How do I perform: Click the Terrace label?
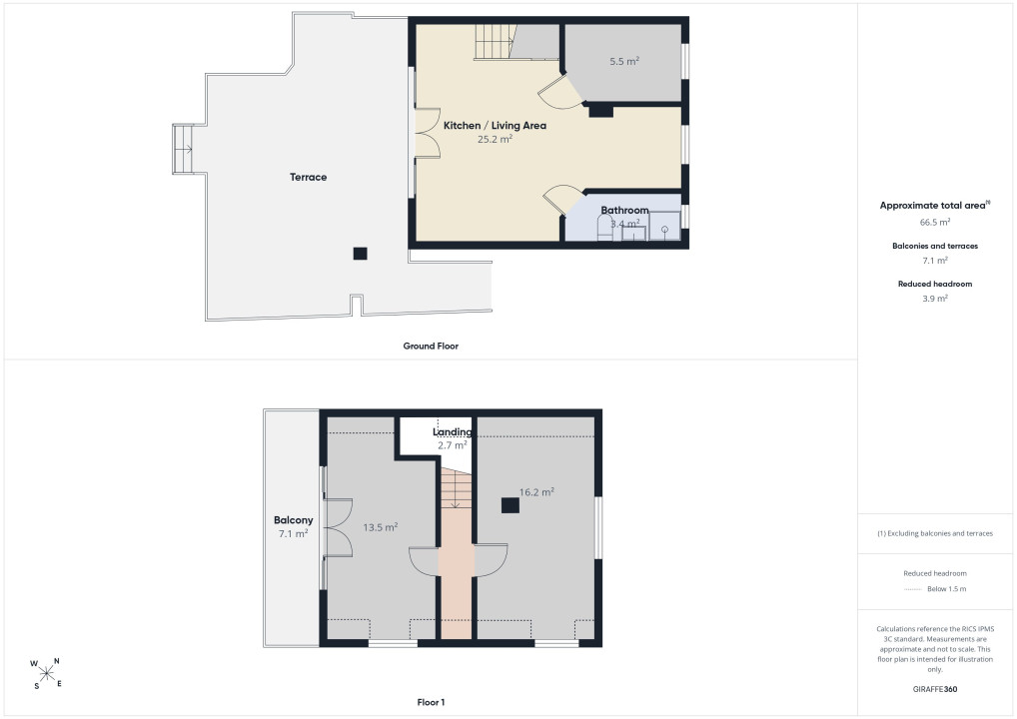(308, 177)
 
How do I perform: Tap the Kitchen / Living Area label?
(495, 126)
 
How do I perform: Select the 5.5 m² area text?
(624, 61)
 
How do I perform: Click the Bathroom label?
(624, 210)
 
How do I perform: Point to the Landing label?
(453, 431)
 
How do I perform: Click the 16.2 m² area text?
(536, 492)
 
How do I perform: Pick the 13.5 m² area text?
(380, 527)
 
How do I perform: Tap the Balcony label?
(293, 520)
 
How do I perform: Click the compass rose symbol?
(46, 673)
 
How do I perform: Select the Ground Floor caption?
(431, 347)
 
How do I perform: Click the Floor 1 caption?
(431, 702)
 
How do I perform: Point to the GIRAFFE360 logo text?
(935, 689)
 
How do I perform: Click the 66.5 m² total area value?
(935, 222)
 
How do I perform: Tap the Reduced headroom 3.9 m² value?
(935, 299)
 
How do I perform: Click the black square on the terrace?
(360, 254)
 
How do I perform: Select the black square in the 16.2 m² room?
(510, 505)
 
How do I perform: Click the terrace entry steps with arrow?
(183, 149)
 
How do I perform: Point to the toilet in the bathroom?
(604, 228)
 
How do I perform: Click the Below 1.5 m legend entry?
(935, 589)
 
